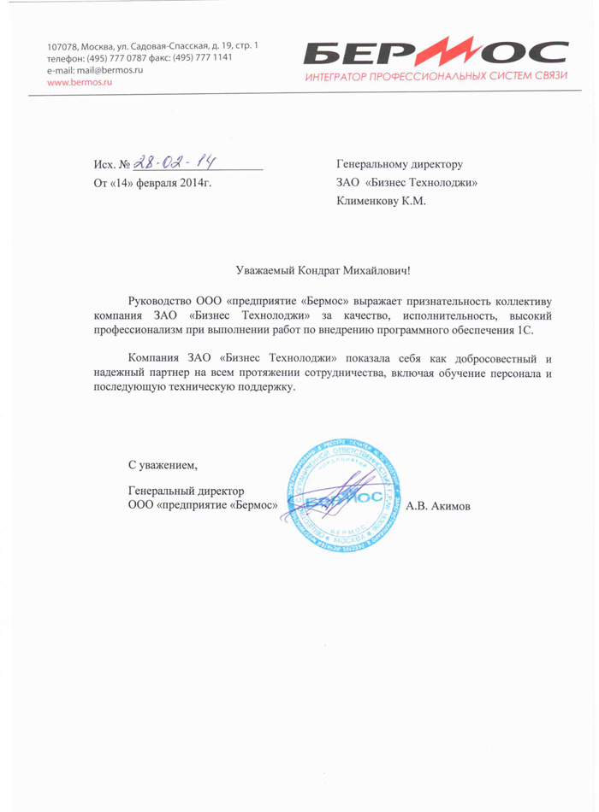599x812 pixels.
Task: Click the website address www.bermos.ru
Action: click(x=75, y=82)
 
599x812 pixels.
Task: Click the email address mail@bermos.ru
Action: click(x=109, y=69)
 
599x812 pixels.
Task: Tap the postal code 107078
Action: click(x=63, y=44)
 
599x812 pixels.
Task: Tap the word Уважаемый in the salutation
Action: click(x=265, y=271)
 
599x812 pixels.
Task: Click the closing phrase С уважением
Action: click(x=162, y=466)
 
